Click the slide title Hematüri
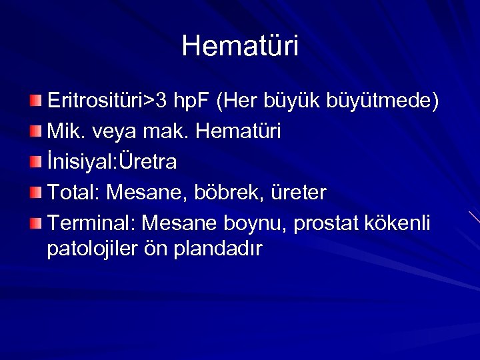[240, 46]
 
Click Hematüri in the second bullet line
[237, 131]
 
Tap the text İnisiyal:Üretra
[112, 162]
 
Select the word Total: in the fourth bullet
[73, 193]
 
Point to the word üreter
[299, 193]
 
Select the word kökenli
[397, 223]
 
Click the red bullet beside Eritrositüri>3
[35, 101]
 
